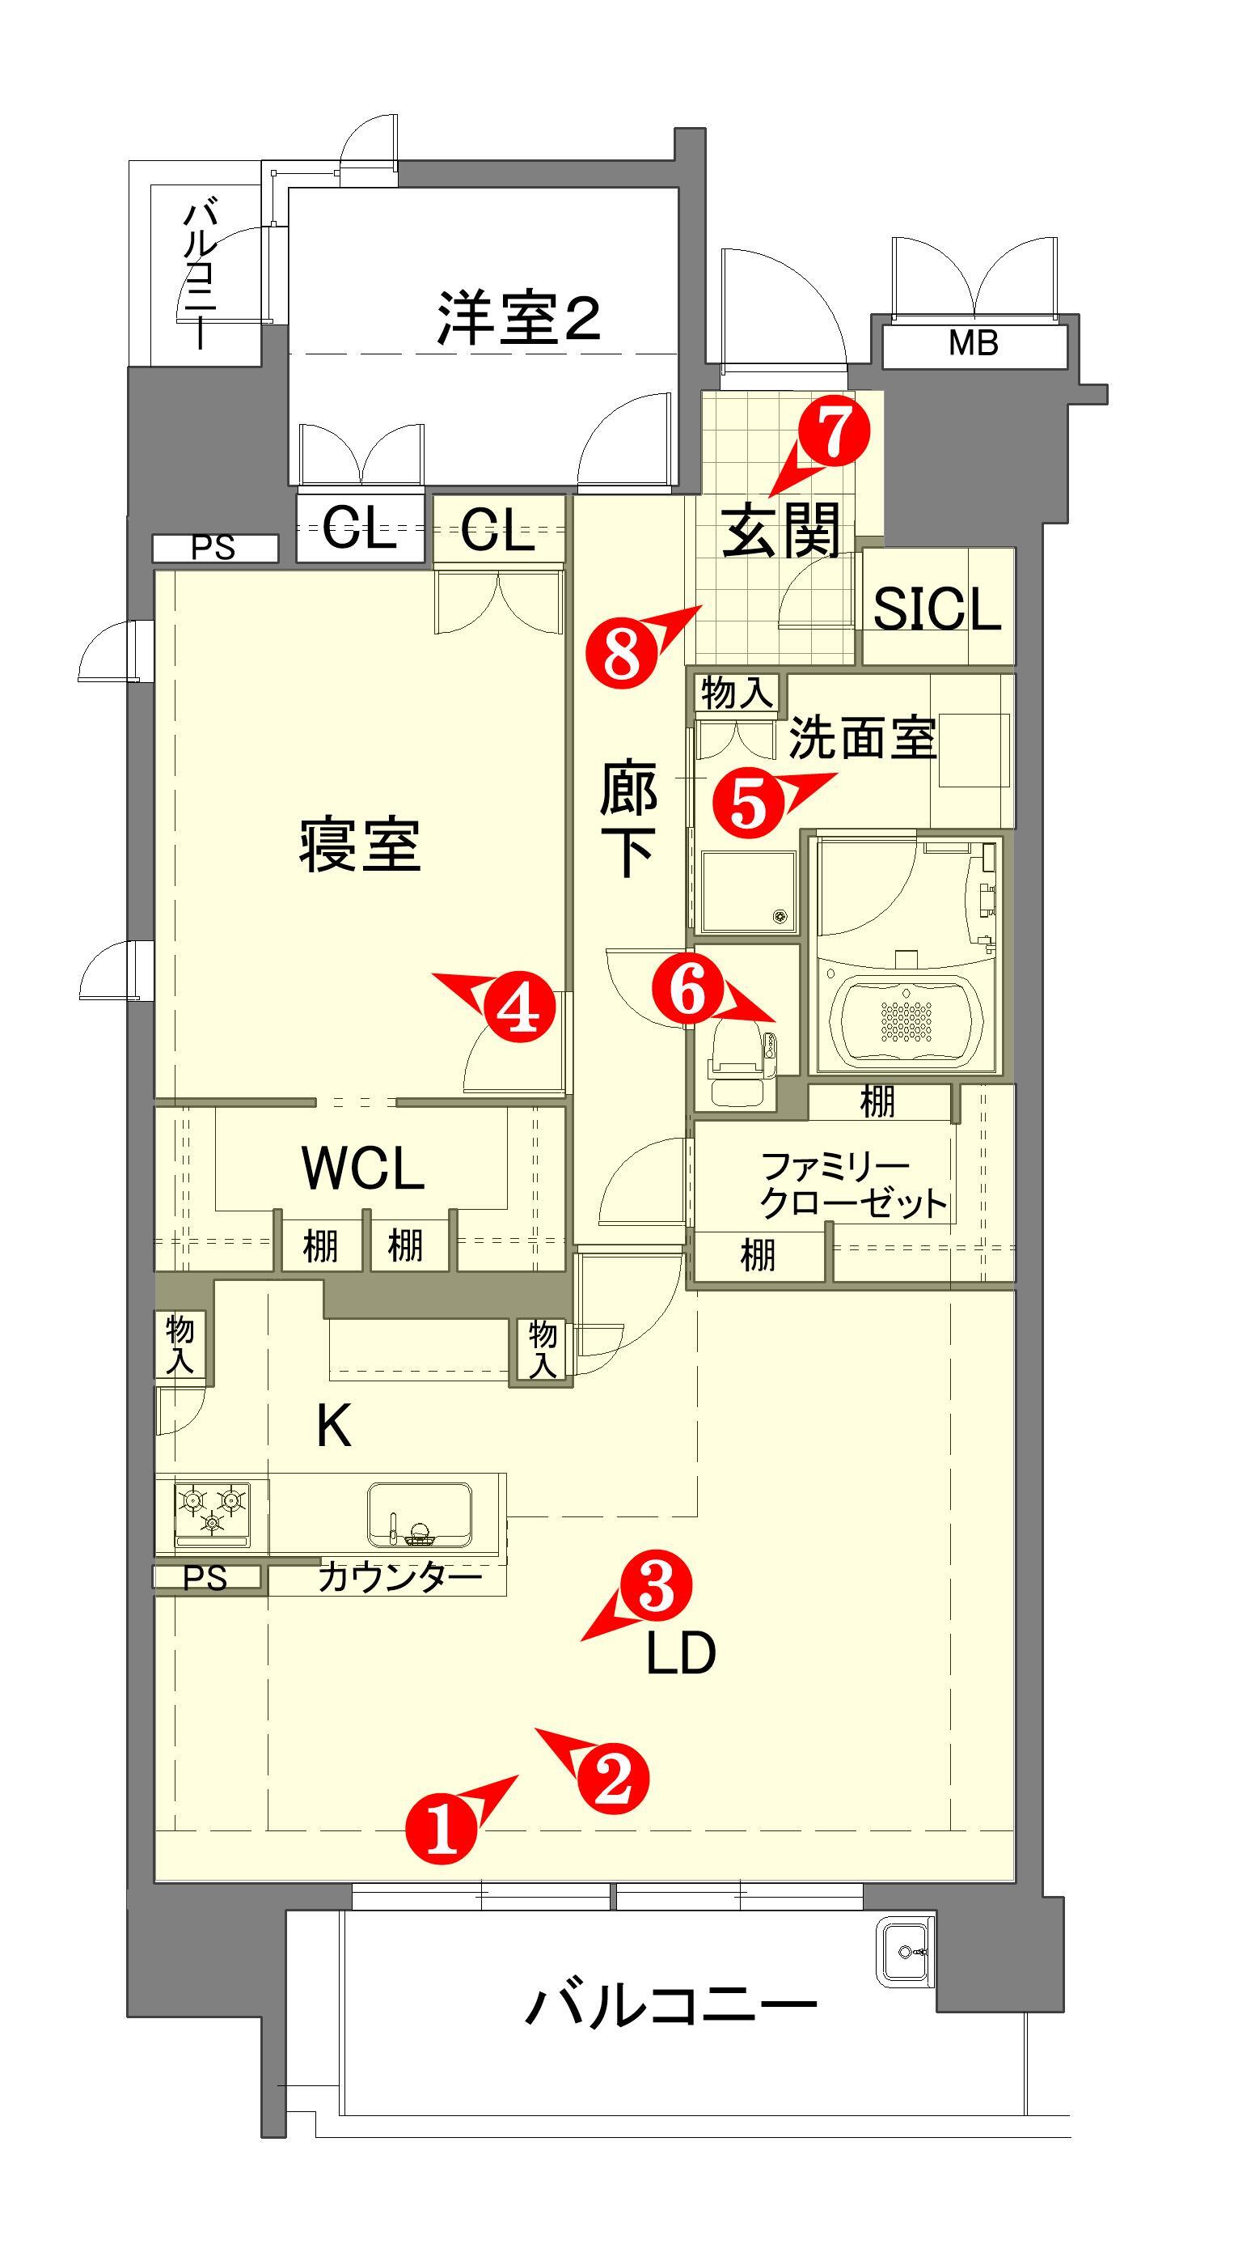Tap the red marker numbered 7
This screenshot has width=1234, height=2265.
click(833, 428)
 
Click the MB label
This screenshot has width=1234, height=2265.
click(973, 343)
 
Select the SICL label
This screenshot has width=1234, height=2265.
click(937, 609)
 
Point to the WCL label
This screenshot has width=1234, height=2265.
click(362, 1169)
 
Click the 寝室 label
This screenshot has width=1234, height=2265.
click(360, 844)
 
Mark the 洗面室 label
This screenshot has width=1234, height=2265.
click(862, 737)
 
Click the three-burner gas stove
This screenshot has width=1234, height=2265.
click(212, 1512)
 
